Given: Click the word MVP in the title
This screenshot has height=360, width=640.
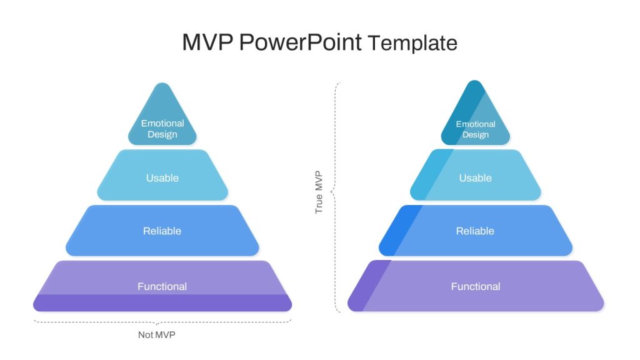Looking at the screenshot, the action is tap(207, 42).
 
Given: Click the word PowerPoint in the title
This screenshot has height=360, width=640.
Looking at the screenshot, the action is tap(301, 42).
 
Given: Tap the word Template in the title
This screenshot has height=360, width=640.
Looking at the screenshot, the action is tap(412, 43).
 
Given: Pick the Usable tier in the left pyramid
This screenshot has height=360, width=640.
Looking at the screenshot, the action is tap(162, 175).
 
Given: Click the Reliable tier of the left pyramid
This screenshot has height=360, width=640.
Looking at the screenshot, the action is tap(162, 231).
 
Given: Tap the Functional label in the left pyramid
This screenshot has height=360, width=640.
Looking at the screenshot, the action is tap(162, 286).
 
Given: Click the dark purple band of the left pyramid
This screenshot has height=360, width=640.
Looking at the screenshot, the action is tap(162, 303).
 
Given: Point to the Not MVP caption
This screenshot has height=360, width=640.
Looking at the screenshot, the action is tap(157, 335).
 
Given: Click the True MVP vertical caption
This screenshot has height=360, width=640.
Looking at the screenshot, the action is tap(319, 192).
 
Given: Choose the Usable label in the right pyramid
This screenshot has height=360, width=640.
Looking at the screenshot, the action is tap(476, 178).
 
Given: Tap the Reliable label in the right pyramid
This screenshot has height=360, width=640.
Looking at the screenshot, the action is tap(475, 231).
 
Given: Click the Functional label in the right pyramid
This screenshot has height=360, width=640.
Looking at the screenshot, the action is tap(476, 286).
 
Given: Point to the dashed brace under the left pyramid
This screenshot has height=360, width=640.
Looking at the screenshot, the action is tap(162, 322).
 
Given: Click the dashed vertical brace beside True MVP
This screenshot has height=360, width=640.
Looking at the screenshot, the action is tap(336, 197).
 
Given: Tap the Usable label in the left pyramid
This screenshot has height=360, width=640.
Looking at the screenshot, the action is tap(162, 178).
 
